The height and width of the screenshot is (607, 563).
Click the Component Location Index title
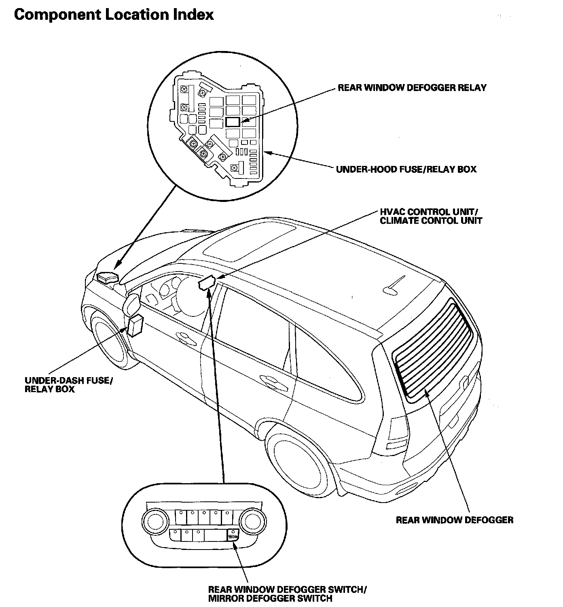tap(114, 15)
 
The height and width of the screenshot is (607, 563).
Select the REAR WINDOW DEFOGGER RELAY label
tap(412, 88)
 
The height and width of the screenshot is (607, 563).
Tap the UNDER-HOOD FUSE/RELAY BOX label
tap(406, 169)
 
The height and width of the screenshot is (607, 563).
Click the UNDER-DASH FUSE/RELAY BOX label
tap(68, 385)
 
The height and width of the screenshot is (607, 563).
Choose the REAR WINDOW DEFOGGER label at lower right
tap(454, 520)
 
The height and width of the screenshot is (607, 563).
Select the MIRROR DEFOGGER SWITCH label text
tap(270, 599)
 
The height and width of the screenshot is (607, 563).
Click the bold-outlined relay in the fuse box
tap(233, 121)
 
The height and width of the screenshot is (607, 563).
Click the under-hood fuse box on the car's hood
tap(107, 278)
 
